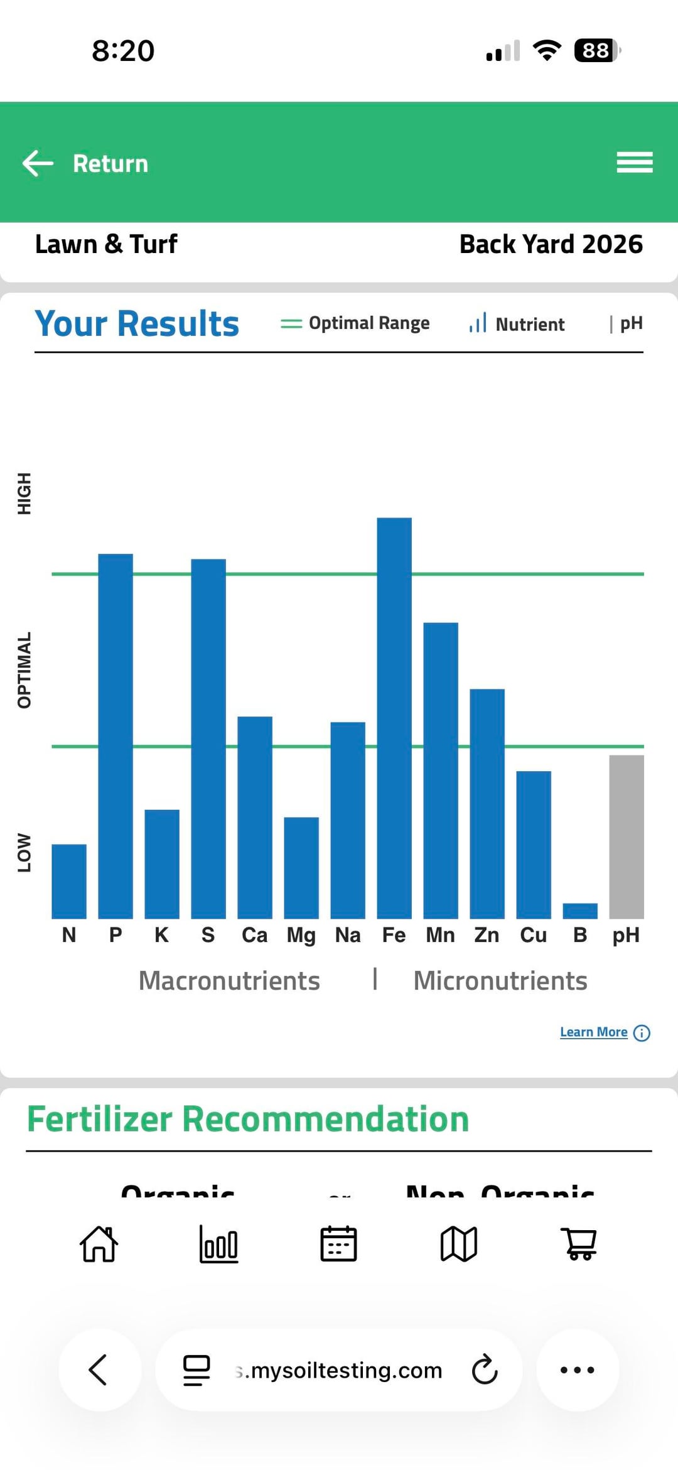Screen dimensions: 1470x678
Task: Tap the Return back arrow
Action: point(38,164)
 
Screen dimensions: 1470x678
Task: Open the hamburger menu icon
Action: point(635,163)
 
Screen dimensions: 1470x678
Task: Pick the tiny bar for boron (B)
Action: point(580,911)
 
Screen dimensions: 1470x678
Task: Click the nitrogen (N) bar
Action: point(69,881)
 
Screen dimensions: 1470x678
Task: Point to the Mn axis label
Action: point(440,935)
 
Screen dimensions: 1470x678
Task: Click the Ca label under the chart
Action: point(254,935)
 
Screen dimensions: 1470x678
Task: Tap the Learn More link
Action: point(594,1032)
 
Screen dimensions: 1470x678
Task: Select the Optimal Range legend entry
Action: point(355,323)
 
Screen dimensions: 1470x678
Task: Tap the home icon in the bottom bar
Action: point(99,1244)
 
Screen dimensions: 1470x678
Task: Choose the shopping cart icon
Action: point(579,1244)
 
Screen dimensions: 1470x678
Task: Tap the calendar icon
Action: point(339,1244)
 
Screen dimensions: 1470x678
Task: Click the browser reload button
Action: point(485,1370)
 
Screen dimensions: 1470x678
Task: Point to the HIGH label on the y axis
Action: point(24,494)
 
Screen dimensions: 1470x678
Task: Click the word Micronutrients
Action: point(500,981)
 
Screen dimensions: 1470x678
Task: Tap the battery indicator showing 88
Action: point(596,50)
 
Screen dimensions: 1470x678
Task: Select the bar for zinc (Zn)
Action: point(487,804)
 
